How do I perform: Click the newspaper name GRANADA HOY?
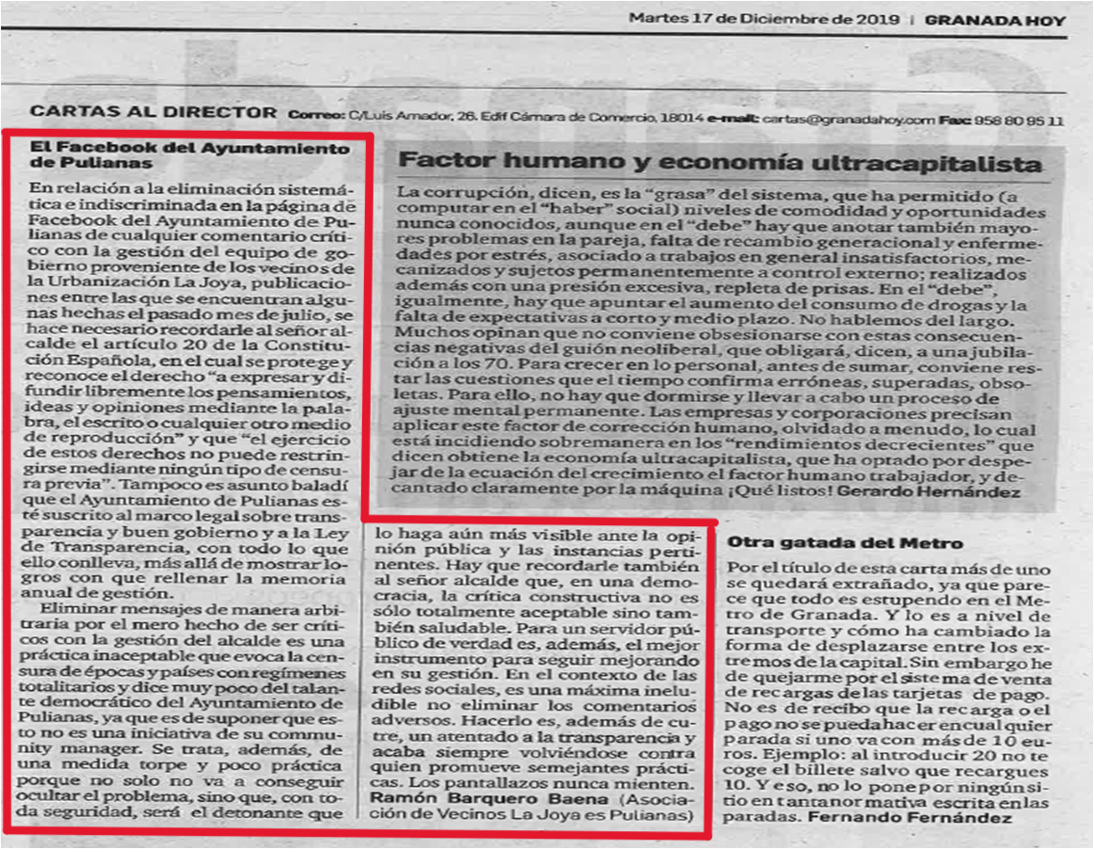coord(994,21)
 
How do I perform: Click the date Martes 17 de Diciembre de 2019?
coord(764,20)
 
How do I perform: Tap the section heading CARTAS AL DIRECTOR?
coord(153,113)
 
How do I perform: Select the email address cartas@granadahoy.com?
coord(849,120)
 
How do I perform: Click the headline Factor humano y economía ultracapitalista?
coord(721,162)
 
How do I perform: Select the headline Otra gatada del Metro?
coord(845,543)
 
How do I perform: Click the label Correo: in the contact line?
coord(316,120)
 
